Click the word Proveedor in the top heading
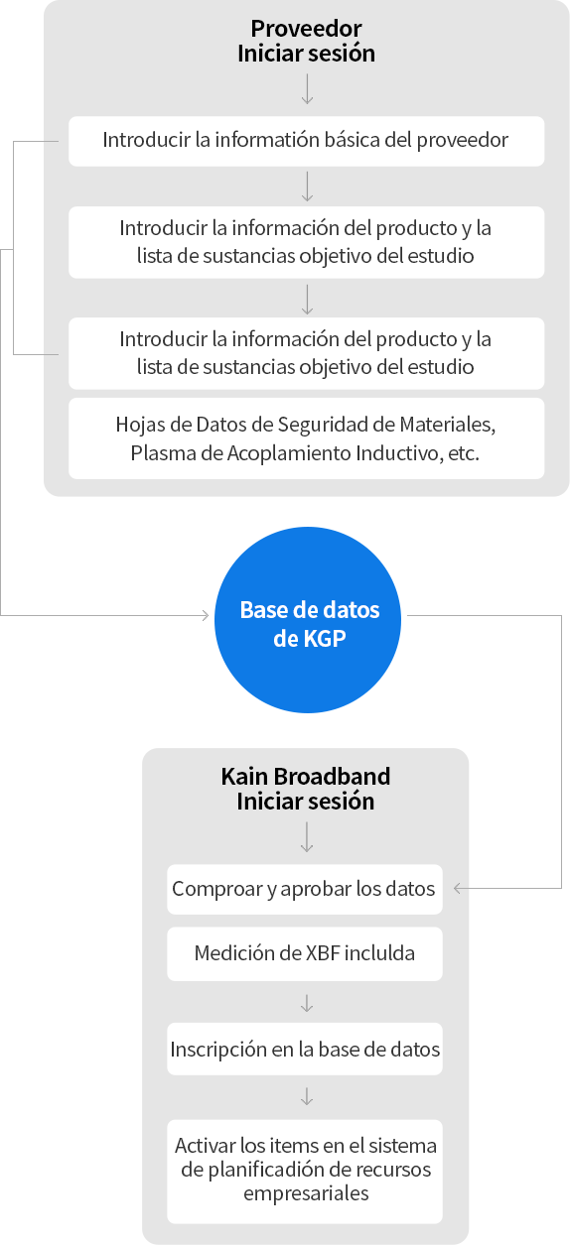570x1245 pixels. pos(306,29)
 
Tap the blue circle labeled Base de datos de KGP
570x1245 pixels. pos(308,620)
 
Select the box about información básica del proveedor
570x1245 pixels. pos(307,141)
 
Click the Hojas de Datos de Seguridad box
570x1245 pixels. pos(307,438)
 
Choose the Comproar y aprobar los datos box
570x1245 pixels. pos(305,889)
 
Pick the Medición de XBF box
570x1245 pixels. pos(305,953)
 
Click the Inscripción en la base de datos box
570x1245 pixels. pos(305,1049)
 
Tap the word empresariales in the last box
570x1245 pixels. pos(306,1193)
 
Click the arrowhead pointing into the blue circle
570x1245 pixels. pos(206,615)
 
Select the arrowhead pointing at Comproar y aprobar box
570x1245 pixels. pos(458,888)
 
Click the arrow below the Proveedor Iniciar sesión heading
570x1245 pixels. pos(307,89)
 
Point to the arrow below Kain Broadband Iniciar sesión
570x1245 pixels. pos(307,837)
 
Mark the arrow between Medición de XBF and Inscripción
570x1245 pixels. pos(307,1003)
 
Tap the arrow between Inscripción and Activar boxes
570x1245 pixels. pos(307,1096)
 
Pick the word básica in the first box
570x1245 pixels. pos(352,140)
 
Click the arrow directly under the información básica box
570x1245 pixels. pos(307,187)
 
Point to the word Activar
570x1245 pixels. pos(205,1146)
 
